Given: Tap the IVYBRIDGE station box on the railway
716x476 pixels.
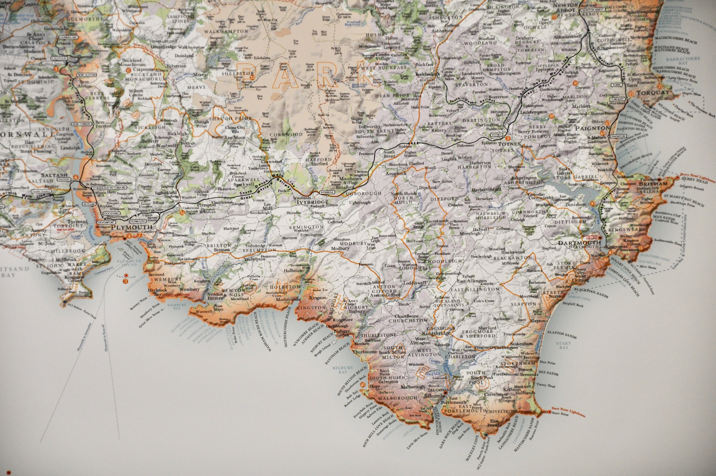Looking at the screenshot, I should tap(327, 193).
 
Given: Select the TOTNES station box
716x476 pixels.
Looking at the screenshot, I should tap(500, 134).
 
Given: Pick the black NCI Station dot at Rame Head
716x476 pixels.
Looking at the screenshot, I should tap(65, 302).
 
